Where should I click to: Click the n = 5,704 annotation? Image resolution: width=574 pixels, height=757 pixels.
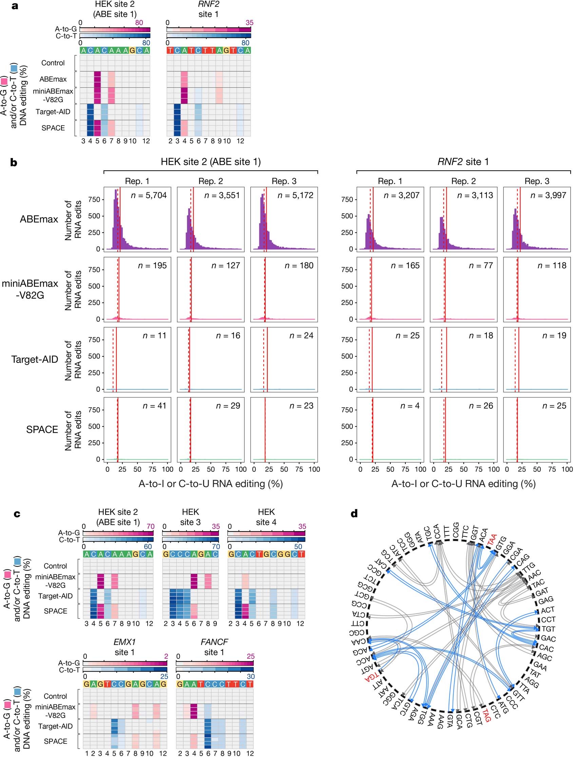[x=149, y=195]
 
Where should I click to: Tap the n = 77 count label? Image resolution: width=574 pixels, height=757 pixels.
[x=481, y=266]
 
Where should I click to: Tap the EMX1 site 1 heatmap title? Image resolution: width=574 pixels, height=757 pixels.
[x=125, y=647]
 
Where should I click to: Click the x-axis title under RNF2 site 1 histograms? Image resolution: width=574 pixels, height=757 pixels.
[x=463, y=484]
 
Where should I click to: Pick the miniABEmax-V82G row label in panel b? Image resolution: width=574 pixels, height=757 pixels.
[x=30, y=289]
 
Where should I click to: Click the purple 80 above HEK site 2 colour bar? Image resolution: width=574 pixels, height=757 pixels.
[x=139, y=23]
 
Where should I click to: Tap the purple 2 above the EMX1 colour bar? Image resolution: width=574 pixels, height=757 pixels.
[x=166, y=656]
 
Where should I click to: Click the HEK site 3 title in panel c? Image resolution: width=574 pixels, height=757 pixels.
[x=190, y=517]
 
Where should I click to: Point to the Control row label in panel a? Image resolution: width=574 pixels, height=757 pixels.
[x=53, y=63]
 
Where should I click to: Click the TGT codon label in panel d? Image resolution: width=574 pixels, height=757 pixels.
[x=548, y=629]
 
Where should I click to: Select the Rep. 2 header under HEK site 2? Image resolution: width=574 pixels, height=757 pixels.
[x=211, y=181]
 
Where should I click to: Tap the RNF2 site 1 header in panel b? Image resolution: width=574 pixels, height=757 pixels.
[x=463, y=162]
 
